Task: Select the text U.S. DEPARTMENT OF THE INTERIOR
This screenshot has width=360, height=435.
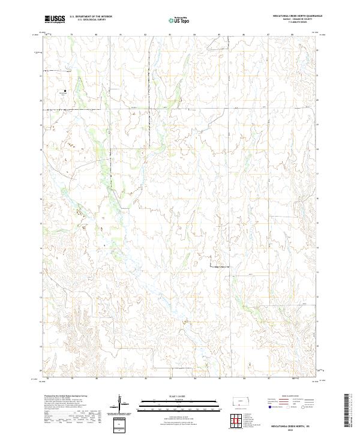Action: coord(91,17)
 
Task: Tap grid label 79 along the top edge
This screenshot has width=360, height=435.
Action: coord(71,35)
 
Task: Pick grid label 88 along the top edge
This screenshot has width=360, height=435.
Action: coord(293,35)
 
